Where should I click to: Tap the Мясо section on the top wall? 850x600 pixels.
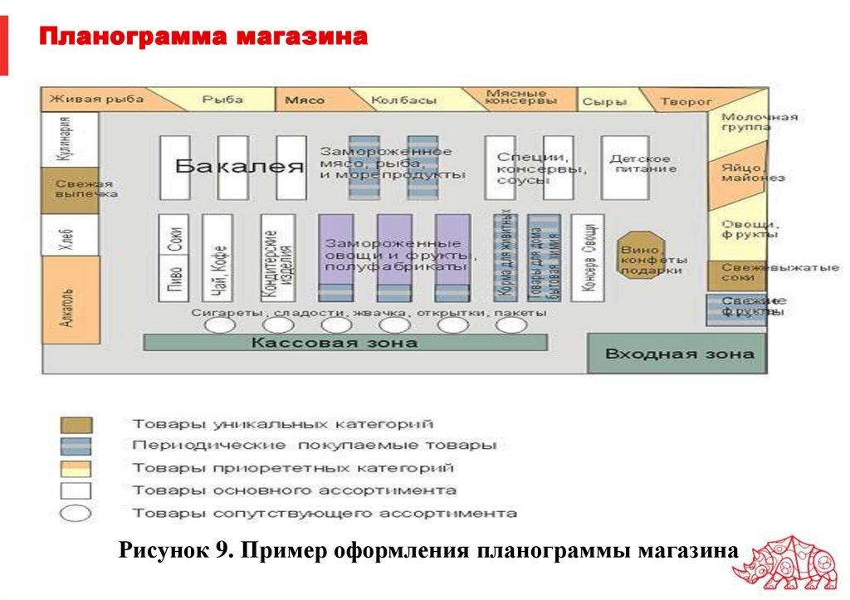(x=305, y=100)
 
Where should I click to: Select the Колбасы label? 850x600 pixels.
(x=403, y=100)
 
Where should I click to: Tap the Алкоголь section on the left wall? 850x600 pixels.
(x=69, y=306)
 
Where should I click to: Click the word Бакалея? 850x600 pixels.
(x=239, y=166)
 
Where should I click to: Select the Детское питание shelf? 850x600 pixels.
(x=624, y=166)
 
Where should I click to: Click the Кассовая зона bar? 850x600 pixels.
(x=345, y=342)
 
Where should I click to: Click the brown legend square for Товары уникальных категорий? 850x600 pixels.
(x=76, y=424)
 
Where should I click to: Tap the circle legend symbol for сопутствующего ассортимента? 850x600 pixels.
(x=76, y=513)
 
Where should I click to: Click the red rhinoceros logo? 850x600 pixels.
(x=789, y=566)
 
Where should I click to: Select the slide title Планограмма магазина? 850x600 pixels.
(x=203, y=37)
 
